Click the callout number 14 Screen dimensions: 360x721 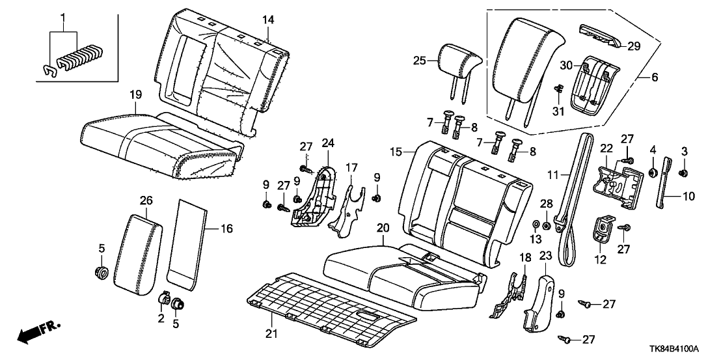coord(267,20)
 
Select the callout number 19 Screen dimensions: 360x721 coord(135,95)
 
